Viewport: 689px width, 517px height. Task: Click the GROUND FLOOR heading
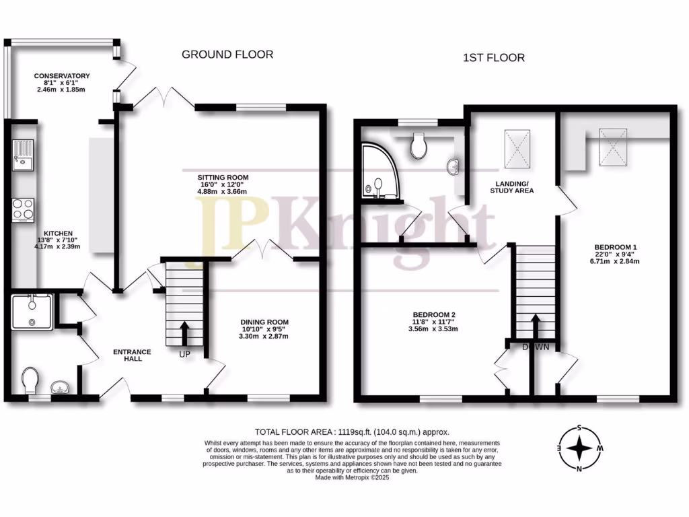point(227,55)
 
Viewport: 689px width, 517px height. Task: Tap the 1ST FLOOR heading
point(494,59)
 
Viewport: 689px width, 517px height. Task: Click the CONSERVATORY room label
point(63,76)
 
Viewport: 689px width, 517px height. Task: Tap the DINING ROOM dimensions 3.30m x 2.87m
point(264,336)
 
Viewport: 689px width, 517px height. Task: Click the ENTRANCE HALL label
point(132,355)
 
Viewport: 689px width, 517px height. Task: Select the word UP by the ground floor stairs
point(185,353)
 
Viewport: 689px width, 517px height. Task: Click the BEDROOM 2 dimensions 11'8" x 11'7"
point(435,322)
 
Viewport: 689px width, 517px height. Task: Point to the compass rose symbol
point(577,448)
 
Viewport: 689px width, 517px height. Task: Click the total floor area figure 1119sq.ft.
point(385,432)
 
